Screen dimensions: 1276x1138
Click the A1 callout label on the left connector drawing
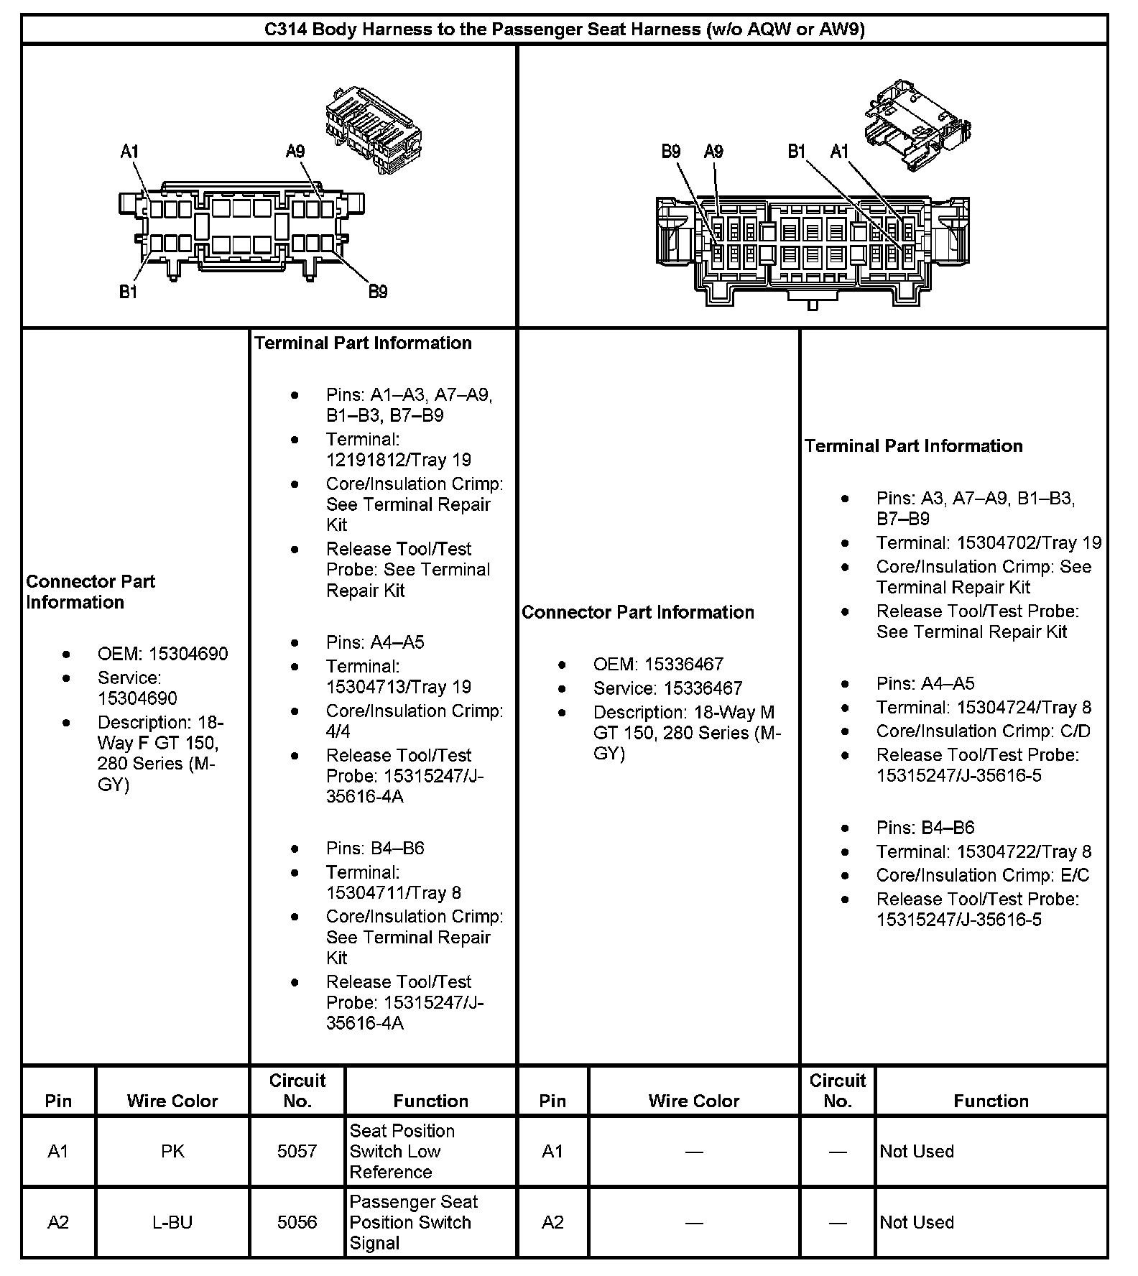pyautogui.click(x=129, y=152)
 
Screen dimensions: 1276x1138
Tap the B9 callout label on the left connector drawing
pyautogui.click(x=378, y=291)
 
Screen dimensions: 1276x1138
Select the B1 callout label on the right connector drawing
pyautogui.click(x=797, y=151)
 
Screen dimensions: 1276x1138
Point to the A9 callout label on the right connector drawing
pyautogui.click(x=713, y=151)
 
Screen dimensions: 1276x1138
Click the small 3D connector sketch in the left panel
pyautogui.click(x=374, y=130)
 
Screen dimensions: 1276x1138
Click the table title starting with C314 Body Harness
pyautogui.click(x=565, y=29)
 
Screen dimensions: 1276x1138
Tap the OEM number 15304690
pyautogui.click(x=188, y=654)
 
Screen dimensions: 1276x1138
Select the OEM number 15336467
pyautogui.click(x=683, y=665)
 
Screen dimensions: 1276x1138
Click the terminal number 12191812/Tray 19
pyautogui.click(x=398, y=460)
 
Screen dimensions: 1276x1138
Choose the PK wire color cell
pyautogui.click(x=172, y=1152)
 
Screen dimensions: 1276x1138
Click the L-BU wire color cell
pyautogui.click(x=172, y=1222)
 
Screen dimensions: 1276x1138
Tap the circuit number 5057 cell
pyautogui.click(x=297, y=1152)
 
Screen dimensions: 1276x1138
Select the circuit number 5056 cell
pyautogui.click(x=297, y=1222)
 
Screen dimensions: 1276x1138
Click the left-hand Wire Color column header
pyautogui.click(x=172, y=1101)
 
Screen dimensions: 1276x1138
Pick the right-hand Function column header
pyautogui.click(x=991, y=1101)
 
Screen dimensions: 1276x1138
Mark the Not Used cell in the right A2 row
pyautogui.click(x=917, y=1222)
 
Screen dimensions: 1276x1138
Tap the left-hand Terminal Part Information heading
pyautogui.click(x=363, y=343)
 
